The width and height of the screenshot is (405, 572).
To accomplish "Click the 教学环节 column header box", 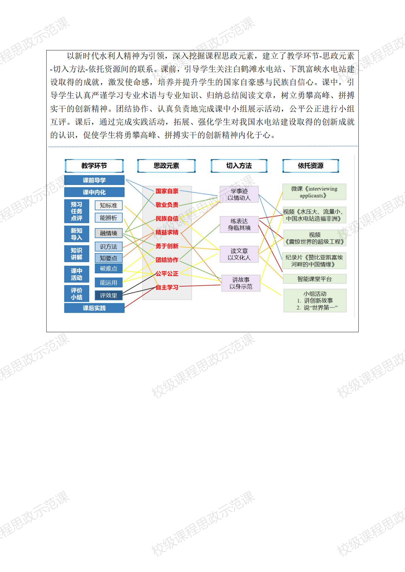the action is pos(94,166).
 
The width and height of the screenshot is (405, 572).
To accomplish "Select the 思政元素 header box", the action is pos(166,166).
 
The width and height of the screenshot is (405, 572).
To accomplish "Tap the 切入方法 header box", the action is pos(239,166).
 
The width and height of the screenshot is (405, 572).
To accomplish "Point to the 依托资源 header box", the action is pos(311,166).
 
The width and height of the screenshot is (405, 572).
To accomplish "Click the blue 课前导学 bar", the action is pos(94,180).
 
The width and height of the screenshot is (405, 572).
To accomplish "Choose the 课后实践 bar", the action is pos(94,308).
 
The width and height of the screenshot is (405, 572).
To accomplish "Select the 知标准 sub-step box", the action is pos(108,205).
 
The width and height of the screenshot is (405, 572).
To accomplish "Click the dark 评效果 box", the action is pos(108,295).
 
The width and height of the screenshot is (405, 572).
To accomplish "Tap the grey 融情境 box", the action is pos(108,233).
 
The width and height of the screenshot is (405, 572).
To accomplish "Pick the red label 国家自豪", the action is pos(167,191).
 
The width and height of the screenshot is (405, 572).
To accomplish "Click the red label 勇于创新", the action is pos(167,246).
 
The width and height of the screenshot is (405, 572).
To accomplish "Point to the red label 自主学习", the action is pos(167,287).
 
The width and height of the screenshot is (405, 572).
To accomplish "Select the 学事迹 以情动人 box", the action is pos(239,194).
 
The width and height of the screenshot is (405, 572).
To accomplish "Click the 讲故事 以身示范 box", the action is pos(241,283).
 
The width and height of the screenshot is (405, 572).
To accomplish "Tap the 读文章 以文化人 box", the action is pos(239,254).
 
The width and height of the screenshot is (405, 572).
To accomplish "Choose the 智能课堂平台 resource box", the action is pos(315,279).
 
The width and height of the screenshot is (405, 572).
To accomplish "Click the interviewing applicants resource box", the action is pos(314,192).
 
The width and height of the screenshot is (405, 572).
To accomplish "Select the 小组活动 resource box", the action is pos(315,301).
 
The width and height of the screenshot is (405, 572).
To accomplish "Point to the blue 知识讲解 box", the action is pos(77,254).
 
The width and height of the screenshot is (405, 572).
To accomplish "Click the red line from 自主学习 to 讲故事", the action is pos(200,286).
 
